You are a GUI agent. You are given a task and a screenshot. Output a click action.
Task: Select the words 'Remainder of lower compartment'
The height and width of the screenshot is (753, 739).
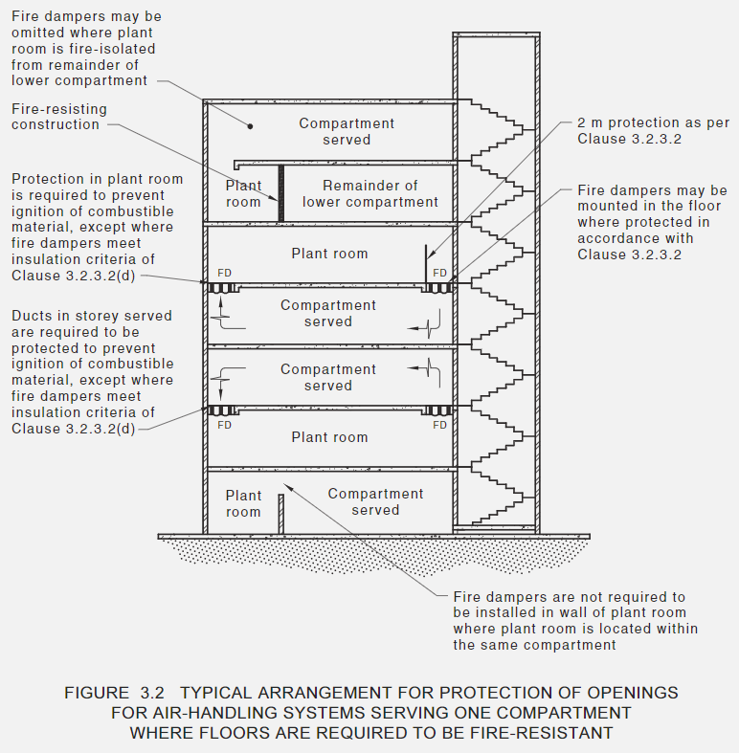pos(369,194)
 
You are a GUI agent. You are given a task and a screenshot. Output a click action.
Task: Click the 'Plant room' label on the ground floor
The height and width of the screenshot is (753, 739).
pos(243,503)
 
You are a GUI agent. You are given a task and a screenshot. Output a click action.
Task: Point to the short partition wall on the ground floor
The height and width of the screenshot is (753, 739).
pos(280,512)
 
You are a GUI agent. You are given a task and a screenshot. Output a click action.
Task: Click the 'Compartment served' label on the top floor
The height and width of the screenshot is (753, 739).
pos(347,131)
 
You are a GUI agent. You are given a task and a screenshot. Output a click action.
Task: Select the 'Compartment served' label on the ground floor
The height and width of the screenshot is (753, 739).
pos(375,501)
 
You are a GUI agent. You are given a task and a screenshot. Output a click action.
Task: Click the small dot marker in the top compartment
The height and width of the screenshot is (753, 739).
pos(251,124)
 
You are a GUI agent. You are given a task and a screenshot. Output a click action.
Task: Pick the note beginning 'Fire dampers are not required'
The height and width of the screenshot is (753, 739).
pos(574,620)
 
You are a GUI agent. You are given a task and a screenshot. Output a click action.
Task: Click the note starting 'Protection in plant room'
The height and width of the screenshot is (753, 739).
pos(96,227)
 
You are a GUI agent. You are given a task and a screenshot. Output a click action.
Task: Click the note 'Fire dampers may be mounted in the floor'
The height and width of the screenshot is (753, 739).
pos(651,223)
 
